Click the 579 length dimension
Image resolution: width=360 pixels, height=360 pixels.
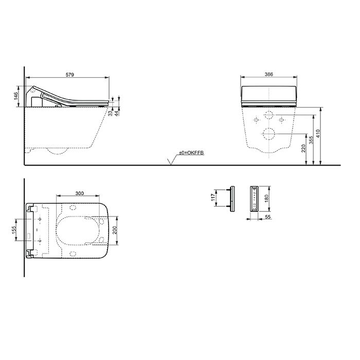pos(70,75)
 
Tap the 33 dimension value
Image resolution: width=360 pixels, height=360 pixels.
pos(110,113)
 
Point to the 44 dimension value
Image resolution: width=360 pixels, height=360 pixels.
pos(117,113)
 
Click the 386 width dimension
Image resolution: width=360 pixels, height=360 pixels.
pos(268,74)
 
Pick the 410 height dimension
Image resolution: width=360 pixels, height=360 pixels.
pos(318,134)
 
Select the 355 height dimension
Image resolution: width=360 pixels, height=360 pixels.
pos(311,140)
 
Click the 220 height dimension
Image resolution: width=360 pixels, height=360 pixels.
pos(303,148)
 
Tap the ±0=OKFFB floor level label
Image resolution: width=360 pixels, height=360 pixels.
pos(191,153)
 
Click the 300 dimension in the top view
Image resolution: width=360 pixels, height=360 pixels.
pos(80,193)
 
